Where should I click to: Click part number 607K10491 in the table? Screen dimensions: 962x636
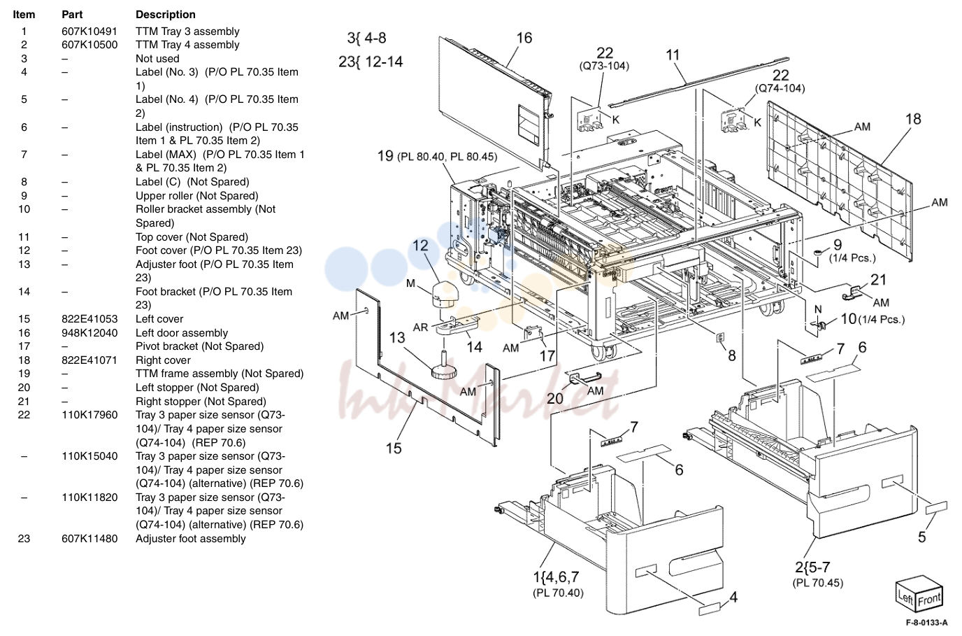89,31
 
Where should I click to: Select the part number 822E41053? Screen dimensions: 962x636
89,319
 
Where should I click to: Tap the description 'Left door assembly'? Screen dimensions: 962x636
182,333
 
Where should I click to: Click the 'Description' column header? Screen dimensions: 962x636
165,15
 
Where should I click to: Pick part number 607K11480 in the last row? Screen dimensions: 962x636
89,539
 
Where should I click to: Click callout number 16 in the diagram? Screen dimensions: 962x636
524,38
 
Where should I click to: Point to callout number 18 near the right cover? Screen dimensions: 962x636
913,119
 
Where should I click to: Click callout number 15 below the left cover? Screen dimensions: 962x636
394,448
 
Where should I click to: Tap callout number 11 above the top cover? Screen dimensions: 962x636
673,55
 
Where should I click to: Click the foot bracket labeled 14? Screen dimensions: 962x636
457,325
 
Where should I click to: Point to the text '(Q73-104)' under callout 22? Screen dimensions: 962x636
604,66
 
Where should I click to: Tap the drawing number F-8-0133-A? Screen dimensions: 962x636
927,623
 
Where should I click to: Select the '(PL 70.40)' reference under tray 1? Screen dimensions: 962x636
558,593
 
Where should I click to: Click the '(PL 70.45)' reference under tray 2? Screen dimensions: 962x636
818,583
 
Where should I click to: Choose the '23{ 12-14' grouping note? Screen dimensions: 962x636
371,62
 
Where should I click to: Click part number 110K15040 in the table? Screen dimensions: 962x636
89,456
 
